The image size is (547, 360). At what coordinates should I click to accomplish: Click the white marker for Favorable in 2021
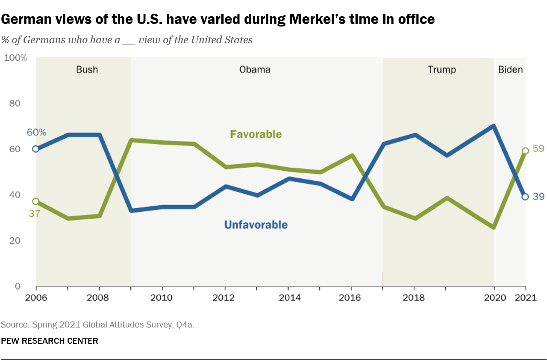(525, 151)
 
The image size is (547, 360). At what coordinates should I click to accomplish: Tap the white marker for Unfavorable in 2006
(36, 149)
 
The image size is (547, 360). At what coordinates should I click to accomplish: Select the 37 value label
(34, 213)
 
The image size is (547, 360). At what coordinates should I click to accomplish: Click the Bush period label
(87, 69)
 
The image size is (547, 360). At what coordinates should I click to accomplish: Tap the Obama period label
(255, 69)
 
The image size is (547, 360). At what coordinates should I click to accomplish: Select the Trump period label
(442, 69)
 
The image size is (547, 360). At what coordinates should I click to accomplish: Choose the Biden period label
(510, 69)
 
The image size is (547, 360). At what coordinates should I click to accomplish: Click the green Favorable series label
(256, 134)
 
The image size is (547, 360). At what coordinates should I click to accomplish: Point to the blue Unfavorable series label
(256, 225)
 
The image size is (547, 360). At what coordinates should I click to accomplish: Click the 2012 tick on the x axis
(225, 298)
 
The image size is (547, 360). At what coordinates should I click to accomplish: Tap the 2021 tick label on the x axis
(525, 298)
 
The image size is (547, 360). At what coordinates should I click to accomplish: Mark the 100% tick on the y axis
(15, 57)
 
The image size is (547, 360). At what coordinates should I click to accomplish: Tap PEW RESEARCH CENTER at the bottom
(50, 341)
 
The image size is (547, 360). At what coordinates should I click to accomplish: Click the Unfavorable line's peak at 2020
(494, 126)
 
